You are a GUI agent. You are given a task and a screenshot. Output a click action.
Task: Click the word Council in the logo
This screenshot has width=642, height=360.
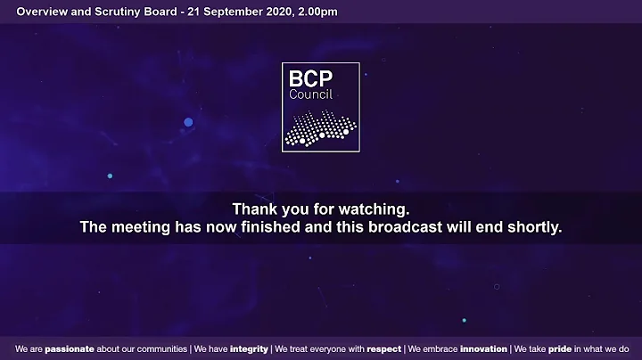coord(306,94)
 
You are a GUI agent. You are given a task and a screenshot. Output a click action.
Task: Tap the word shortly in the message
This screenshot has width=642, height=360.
coord(532,227)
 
